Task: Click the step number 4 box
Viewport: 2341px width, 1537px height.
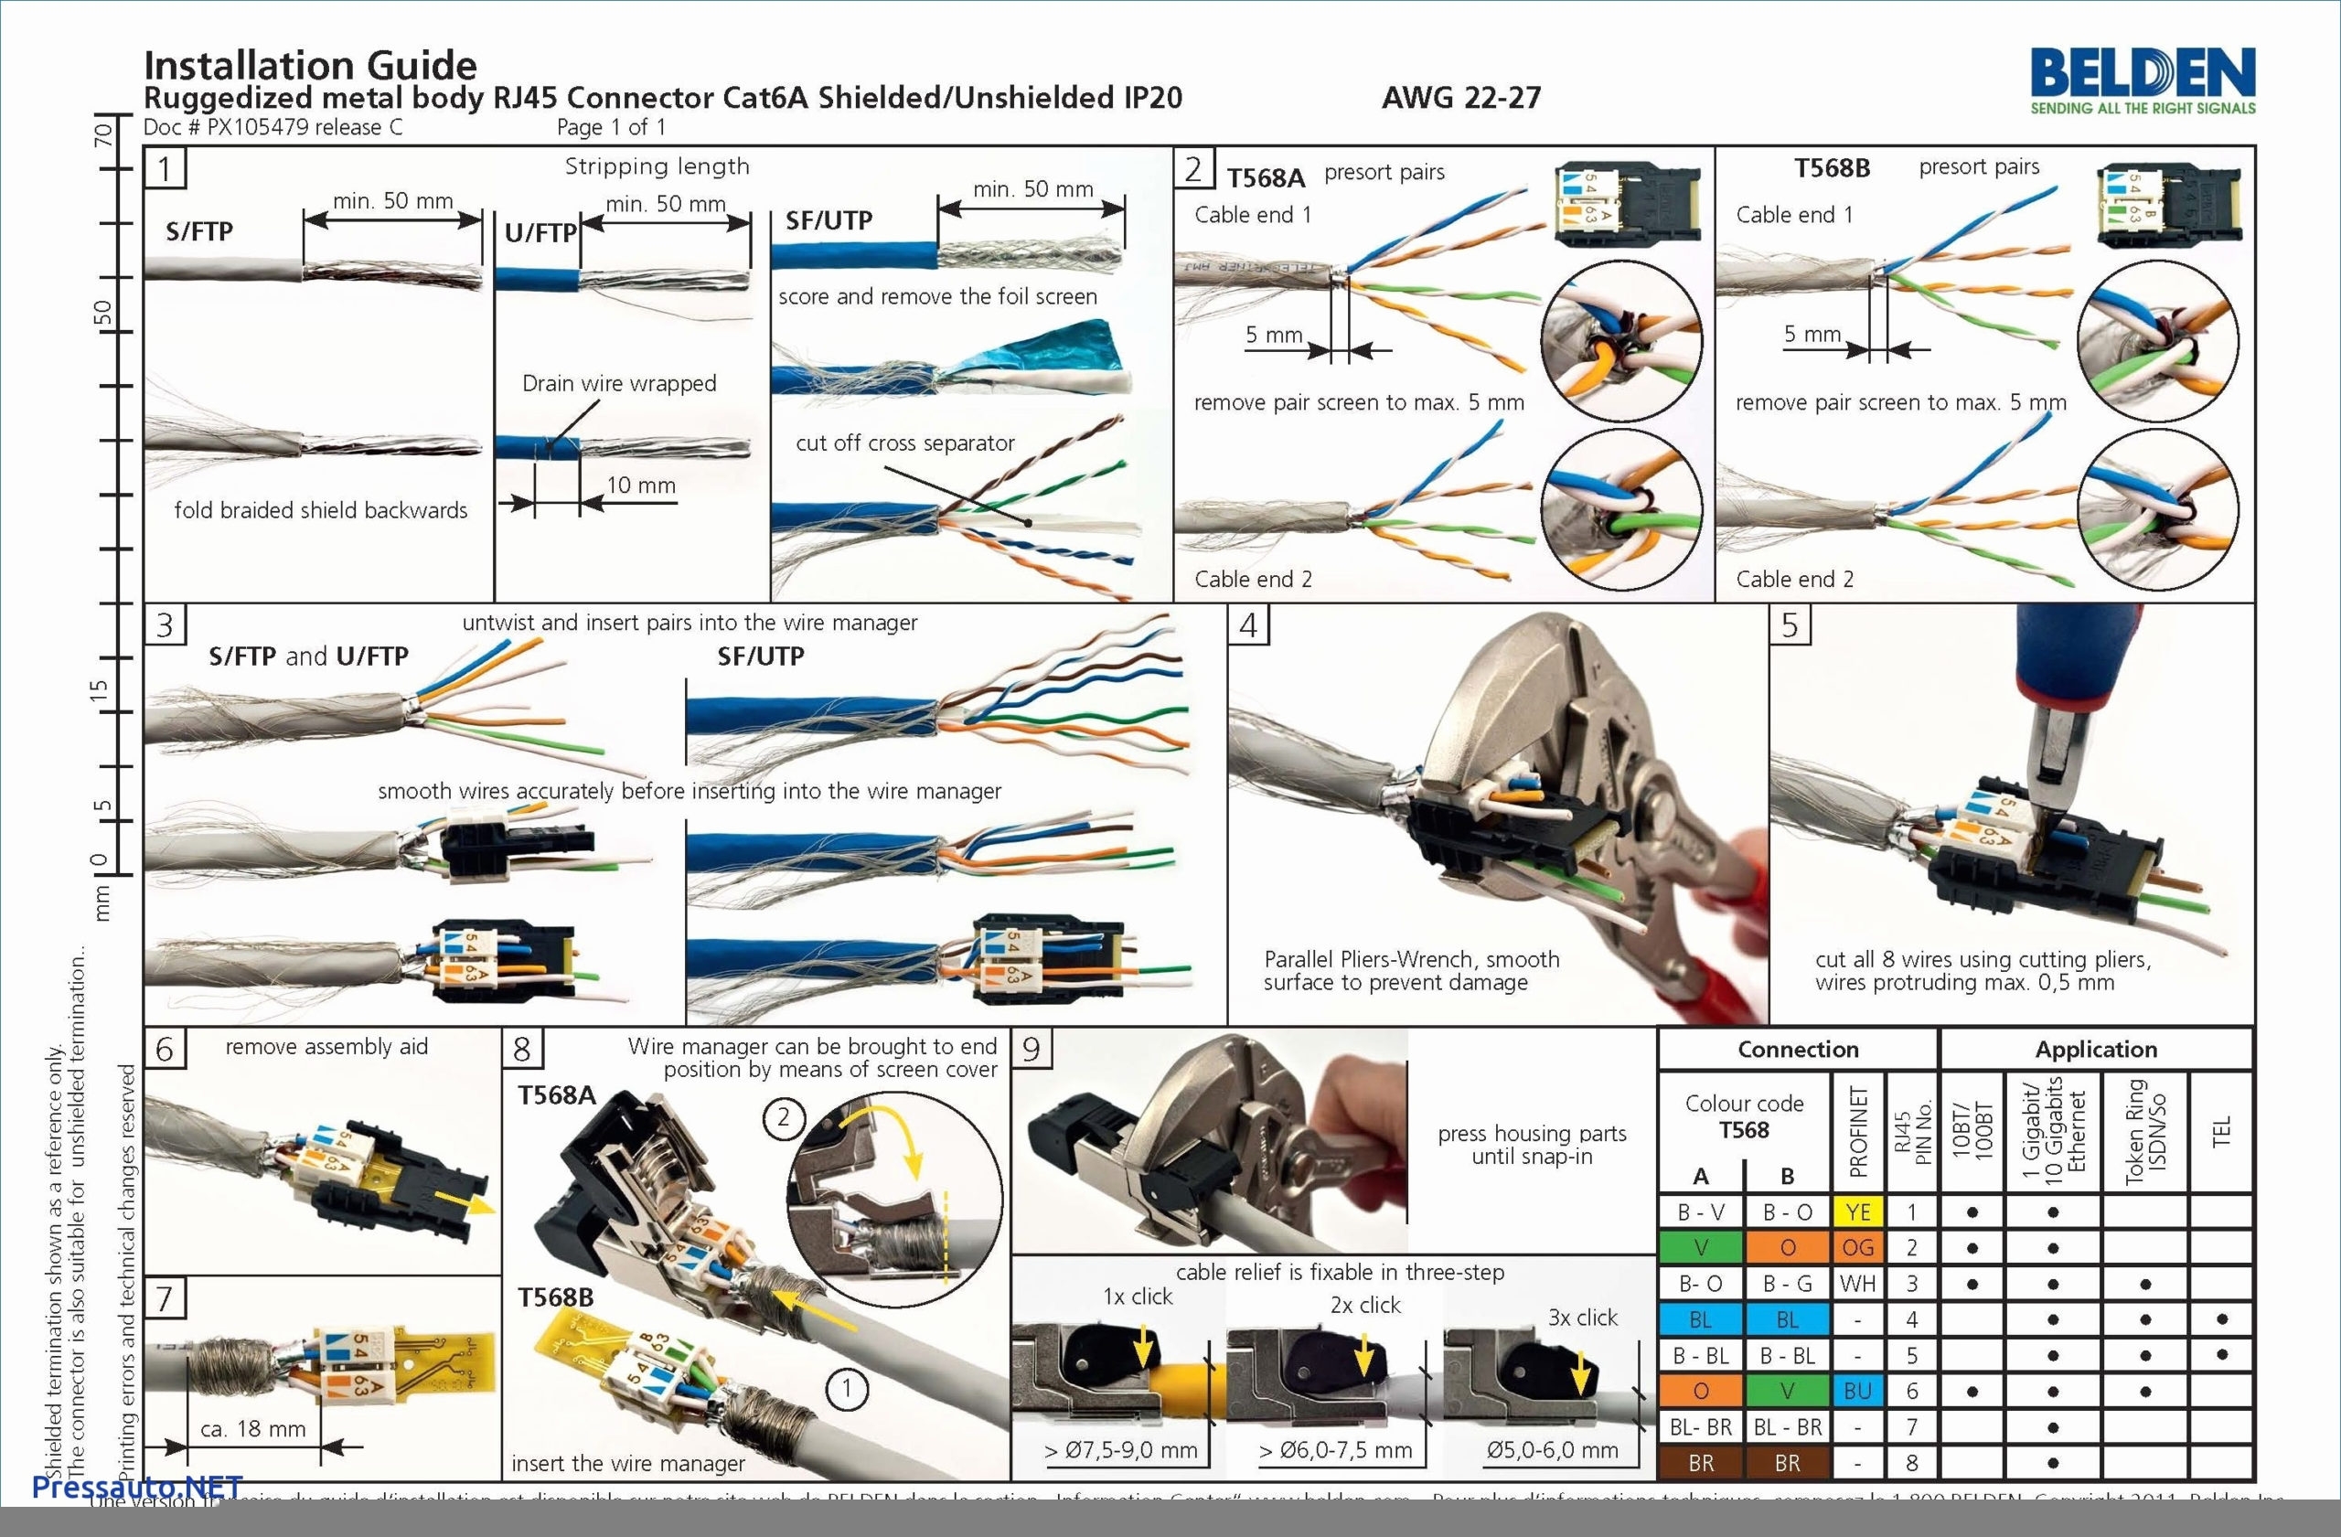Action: pos(1248,625)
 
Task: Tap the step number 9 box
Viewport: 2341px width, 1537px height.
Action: pos(1031,1048)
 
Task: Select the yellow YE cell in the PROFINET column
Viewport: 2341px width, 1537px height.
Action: pos(1857,1212)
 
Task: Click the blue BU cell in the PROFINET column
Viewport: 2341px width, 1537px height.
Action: pos(1857,1391)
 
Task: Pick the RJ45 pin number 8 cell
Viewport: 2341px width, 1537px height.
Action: pos(1911,1463)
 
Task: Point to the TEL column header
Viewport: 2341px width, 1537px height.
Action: pos(2221,1131)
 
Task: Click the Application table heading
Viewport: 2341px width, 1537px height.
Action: pos(2096,1050)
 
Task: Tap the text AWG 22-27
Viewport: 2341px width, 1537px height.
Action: pos(1460,97)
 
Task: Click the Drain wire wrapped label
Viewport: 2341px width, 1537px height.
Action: pos(619,383)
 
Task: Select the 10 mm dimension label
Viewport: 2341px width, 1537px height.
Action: pos(640,485)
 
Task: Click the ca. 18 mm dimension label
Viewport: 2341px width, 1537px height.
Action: pos(252,1429)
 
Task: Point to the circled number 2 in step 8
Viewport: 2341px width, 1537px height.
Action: pos(783,1117)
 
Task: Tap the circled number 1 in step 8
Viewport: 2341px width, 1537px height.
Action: pos(846,1390)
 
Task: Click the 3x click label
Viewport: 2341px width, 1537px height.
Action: pos(1582,1318)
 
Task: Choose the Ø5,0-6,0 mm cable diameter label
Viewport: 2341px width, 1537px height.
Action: pos(1551,1449)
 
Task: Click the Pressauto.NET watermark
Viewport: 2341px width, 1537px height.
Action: pos(137,1487)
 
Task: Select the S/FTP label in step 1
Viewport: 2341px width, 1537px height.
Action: pos(199,232)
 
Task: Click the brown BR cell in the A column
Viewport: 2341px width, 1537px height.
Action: pos(1701,1463)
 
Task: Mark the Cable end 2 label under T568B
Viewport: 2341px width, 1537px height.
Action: pos(1794,579)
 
